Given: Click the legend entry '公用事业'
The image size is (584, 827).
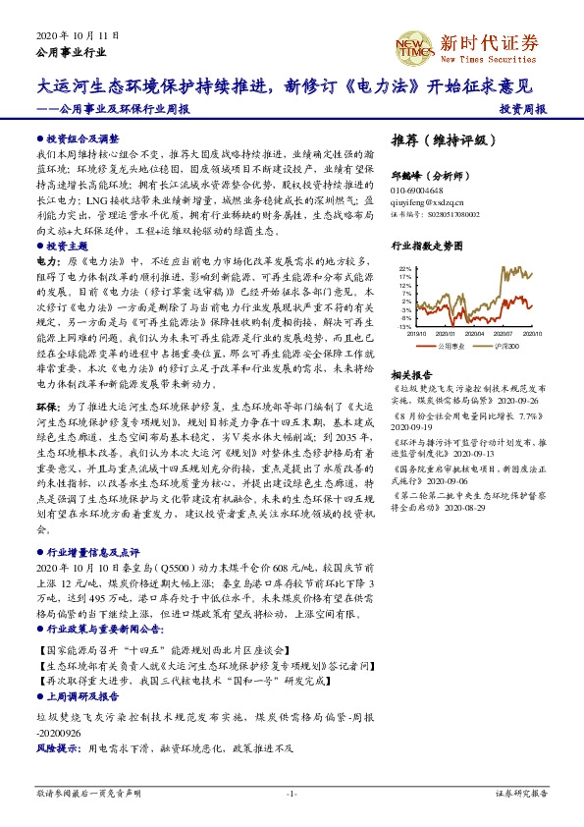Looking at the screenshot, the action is click(x=453, y=346).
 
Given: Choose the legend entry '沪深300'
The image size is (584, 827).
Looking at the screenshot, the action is click(x=504, y=346).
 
